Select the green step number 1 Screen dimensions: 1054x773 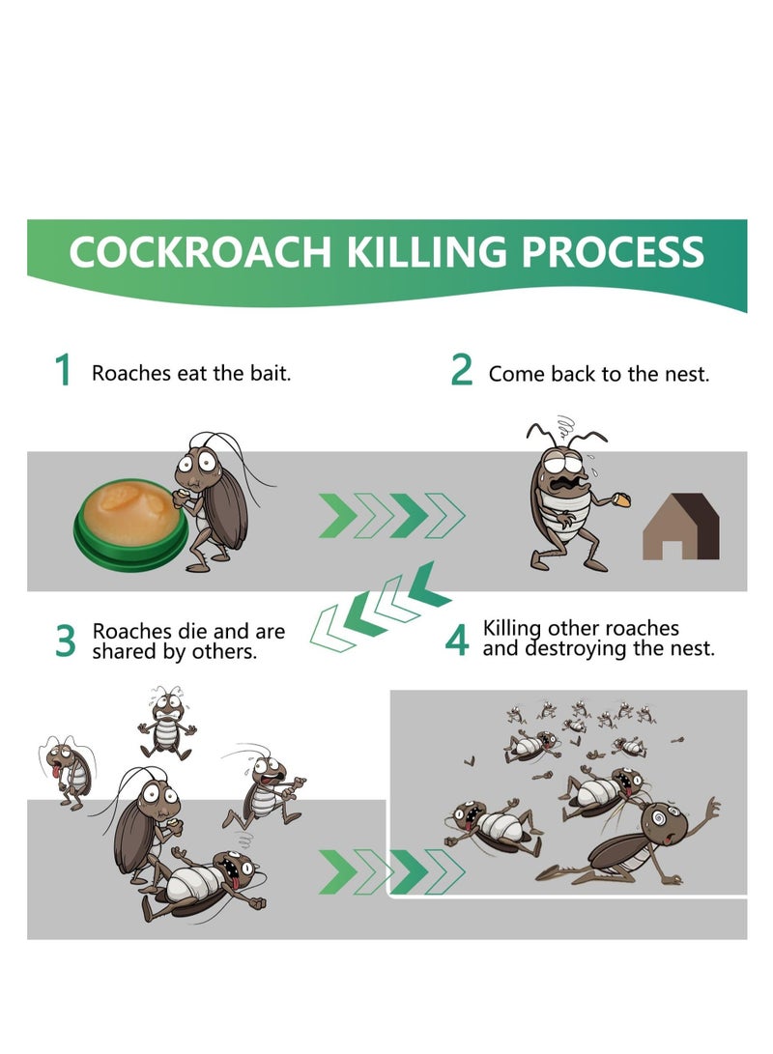tap(64, 371)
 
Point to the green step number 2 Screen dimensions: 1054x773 tap(462, 371)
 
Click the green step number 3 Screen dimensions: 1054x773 tap(65, 641)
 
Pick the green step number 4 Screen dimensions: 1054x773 tap(457, 641)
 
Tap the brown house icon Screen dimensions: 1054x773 tap(681, 527)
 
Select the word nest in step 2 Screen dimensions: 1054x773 tap(685, 374)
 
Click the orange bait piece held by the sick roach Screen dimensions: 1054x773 tap(623, 499)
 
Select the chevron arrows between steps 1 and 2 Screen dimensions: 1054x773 tap(391, 516)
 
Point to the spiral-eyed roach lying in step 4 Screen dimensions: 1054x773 tap(638, 838)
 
